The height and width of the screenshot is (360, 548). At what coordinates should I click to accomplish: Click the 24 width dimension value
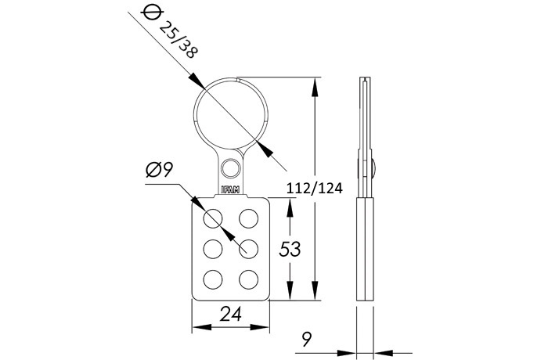pos(230,314)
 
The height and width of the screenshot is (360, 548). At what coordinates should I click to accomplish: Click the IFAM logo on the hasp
pos(231,189)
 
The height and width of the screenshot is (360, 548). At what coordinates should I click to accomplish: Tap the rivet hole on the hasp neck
pos(230,167)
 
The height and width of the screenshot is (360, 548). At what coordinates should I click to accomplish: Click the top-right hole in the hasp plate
pos(249,217)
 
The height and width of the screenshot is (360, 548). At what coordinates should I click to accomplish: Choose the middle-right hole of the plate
pos(249,248)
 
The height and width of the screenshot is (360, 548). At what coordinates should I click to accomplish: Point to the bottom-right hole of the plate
pos(249,279)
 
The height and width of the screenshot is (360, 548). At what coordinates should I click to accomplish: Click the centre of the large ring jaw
pos(230,114)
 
